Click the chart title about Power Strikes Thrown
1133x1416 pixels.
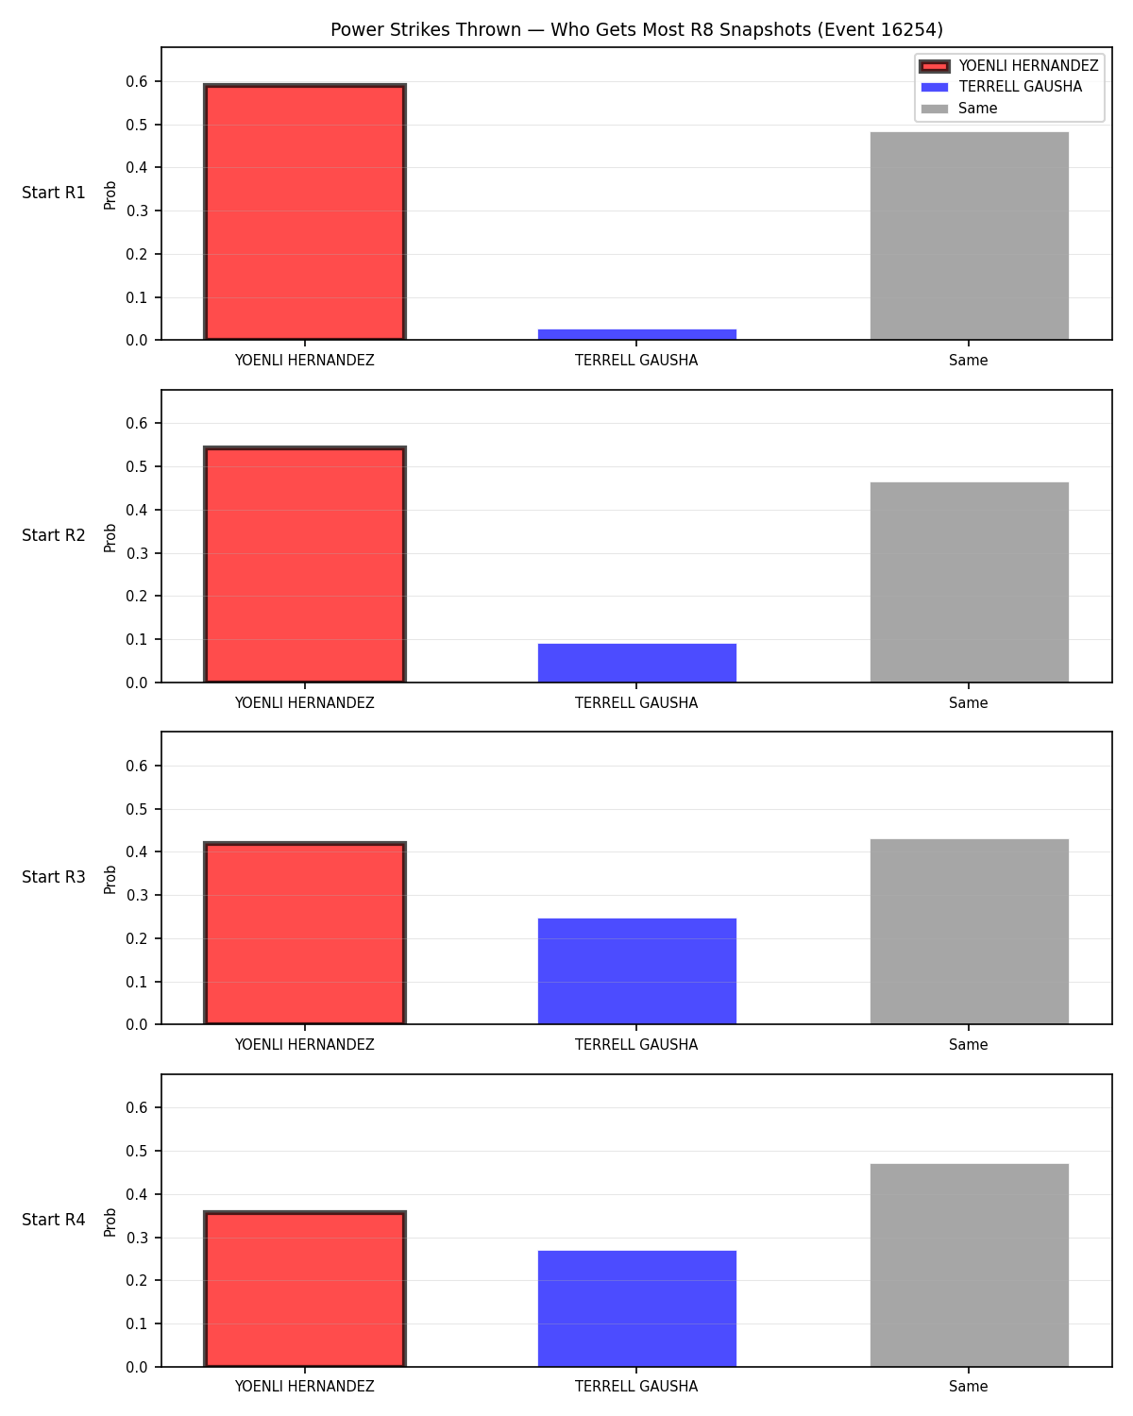pos(636,29)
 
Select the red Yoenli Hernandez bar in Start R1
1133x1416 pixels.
pos(305,211)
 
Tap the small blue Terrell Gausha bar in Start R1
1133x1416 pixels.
pos(636,334)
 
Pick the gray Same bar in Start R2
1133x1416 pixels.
pos(969,582)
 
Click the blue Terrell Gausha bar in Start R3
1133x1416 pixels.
pos(636,971)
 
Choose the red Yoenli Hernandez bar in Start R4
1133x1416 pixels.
pos(305,1289)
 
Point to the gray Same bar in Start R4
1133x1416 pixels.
pos(969,1265)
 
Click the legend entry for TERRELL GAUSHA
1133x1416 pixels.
pos(1002,87)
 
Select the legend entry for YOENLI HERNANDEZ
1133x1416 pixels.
pos(1009,66)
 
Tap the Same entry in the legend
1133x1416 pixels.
pos(959,109)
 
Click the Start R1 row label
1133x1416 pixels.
pos(53,193)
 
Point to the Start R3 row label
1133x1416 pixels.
pos(53,877)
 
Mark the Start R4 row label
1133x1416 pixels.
pos(53,1220)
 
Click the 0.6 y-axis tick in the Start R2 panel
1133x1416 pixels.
pos(137,424)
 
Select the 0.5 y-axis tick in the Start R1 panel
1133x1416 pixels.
pos(137,125)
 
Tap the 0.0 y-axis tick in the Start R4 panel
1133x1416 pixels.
pos(137,1367)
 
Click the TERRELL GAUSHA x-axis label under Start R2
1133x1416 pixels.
pos(636,702)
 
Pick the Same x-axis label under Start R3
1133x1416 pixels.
pos(968,1045)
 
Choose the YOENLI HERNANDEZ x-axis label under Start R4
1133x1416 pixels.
pos(304,1387)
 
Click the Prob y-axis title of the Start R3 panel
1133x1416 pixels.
pos(110,880)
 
